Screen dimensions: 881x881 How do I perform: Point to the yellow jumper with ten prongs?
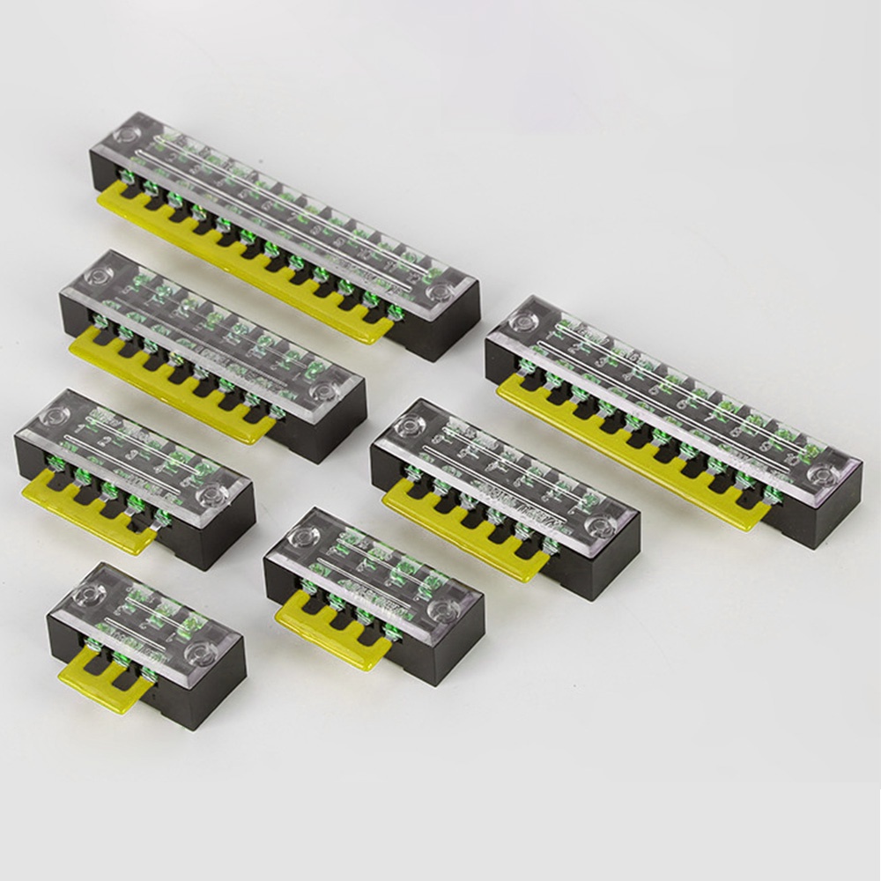(x=617, y=458)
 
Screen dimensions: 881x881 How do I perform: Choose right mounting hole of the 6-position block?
(x=603, y=529)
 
